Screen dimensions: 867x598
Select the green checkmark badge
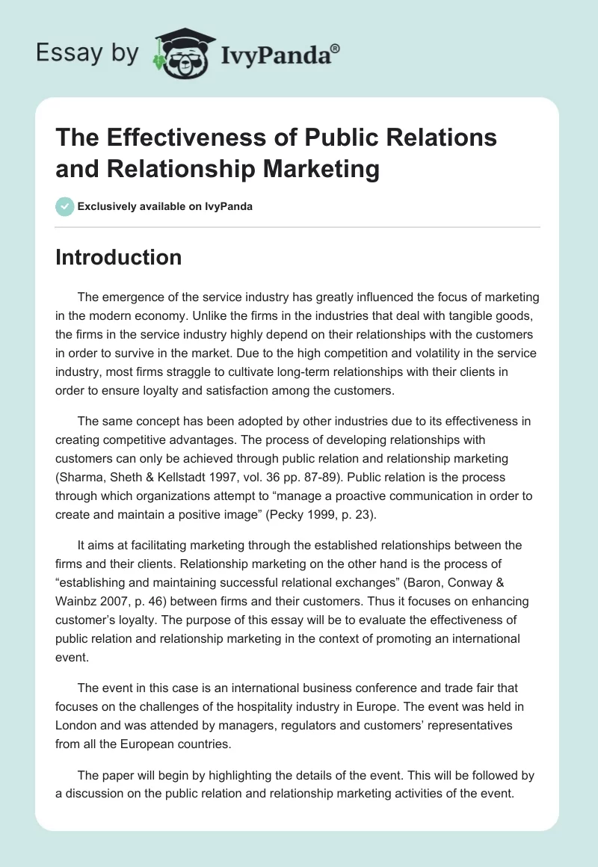pyautogui.click(x=65, y=207)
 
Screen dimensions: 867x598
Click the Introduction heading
pyautogui.click(x=119, y=257)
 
